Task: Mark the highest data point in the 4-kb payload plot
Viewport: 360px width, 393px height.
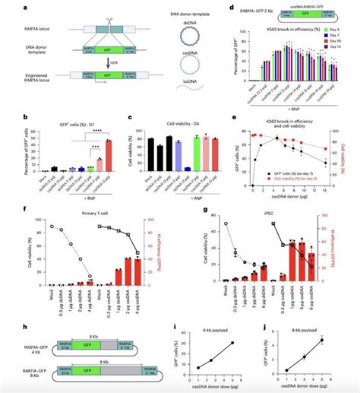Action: pyautogui.click(x=231, y=343)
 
